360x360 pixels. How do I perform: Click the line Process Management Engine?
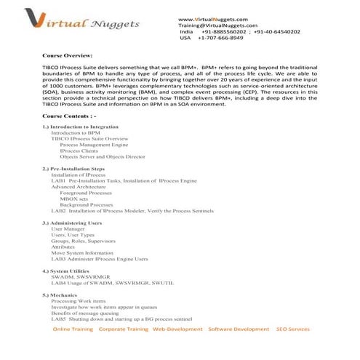coord(94,145)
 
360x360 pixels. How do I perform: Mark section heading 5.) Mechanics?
coord(60,295)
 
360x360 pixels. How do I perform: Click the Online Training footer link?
coord(72,329)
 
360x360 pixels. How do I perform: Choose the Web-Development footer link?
coord(177,329)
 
